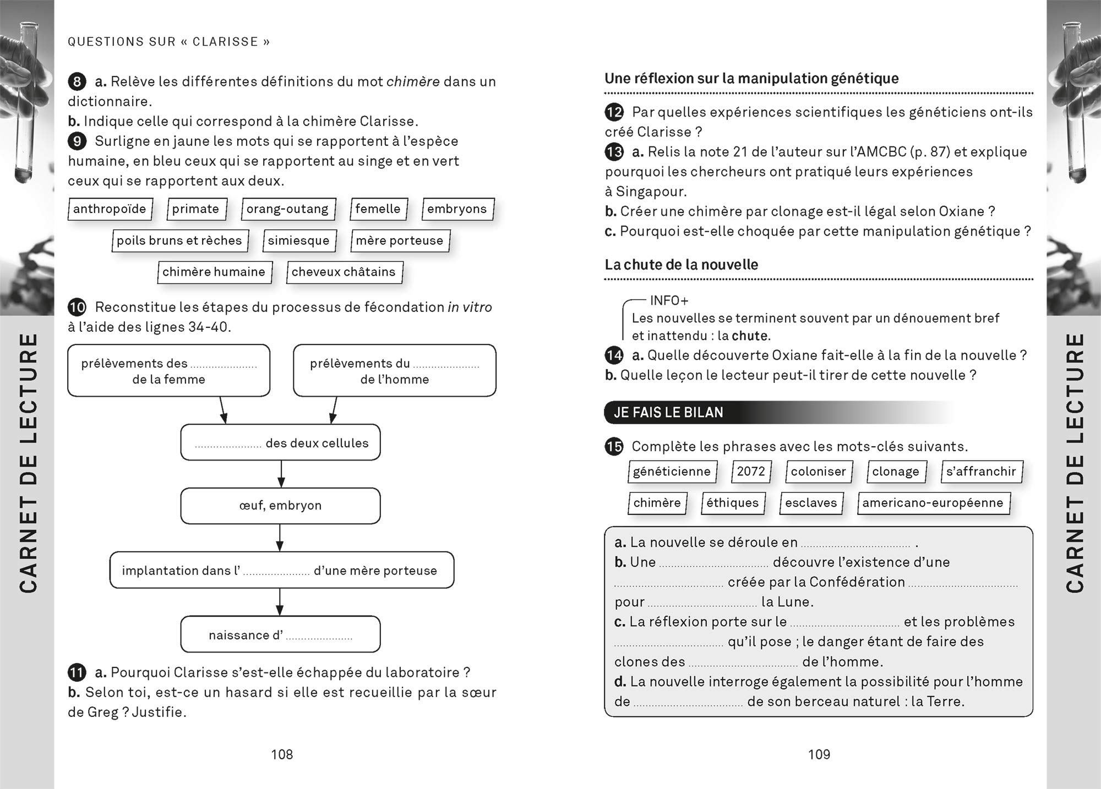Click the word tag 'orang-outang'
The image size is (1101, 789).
tap(288, 209)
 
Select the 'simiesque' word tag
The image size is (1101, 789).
tap(299, 240)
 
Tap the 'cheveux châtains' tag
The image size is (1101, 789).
tap(344, 272)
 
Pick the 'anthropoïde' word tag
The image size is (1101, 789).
tap(110, 209)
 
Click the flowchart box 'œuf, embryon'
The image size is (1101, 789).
tap(280, 506)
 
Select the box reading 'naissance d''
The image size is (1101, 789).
tap(280, 634)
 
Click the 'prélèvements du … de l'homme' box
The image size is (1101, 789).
tap(394, 370)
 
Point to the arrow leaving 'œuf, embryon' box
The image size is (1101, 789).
tap(280, 538)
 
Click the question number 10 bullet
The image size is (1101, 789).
tap(77, 307)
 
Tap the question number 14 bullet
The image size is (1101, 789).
tap(614, 355)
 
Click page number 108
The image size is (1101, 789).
tap(282, 754)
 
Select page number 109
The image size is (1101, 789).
tap(819, 754)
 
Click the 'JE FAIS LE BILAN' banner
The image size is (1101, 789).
tap(668, 413)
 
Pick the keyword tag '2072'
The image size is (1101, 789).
tap(751, 472)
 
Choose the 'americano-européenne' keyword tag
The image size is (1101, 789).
tap(933, 503)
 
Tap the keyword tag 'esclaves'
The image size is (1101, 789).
tap(811, 503)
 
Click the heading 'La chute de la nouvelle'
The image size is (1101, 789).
tap(681, 265)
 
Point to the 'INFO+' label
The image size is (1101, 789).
tap(669, 301)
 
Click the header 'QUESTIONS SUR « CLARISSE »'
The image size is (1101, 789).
tap(169, 42)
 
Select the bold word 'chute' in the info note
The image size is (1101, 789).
tap(749, 336)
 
